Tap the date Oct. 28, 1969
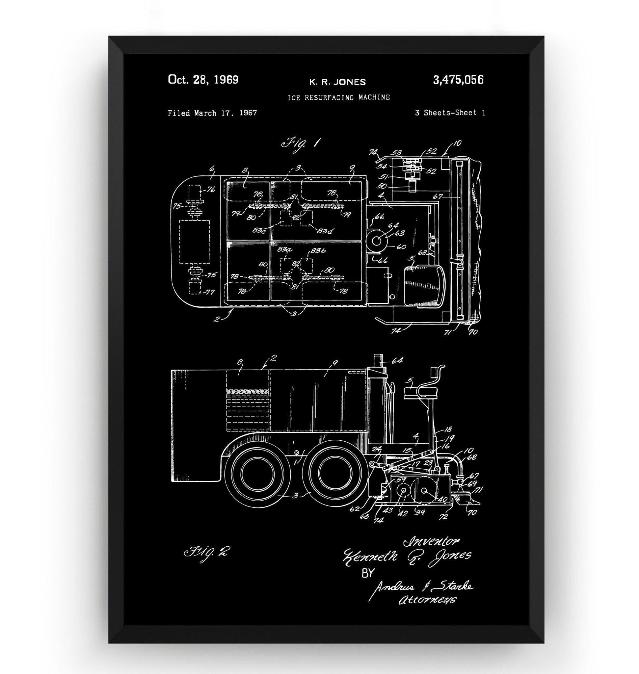pos(203,80)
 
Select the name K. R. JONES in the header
pos(337,82)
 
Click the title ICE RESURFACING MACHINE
pos(338,97)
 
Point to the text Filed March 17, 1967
pos(212,113)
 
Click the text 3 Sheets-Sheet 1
pos(450,113)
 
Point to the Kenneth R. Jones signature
pos(407,556)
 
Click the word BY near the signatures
pos(367,574)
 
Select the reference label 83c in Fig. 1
pos(259,230)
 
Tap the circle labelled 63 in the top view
pos(376,241)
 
